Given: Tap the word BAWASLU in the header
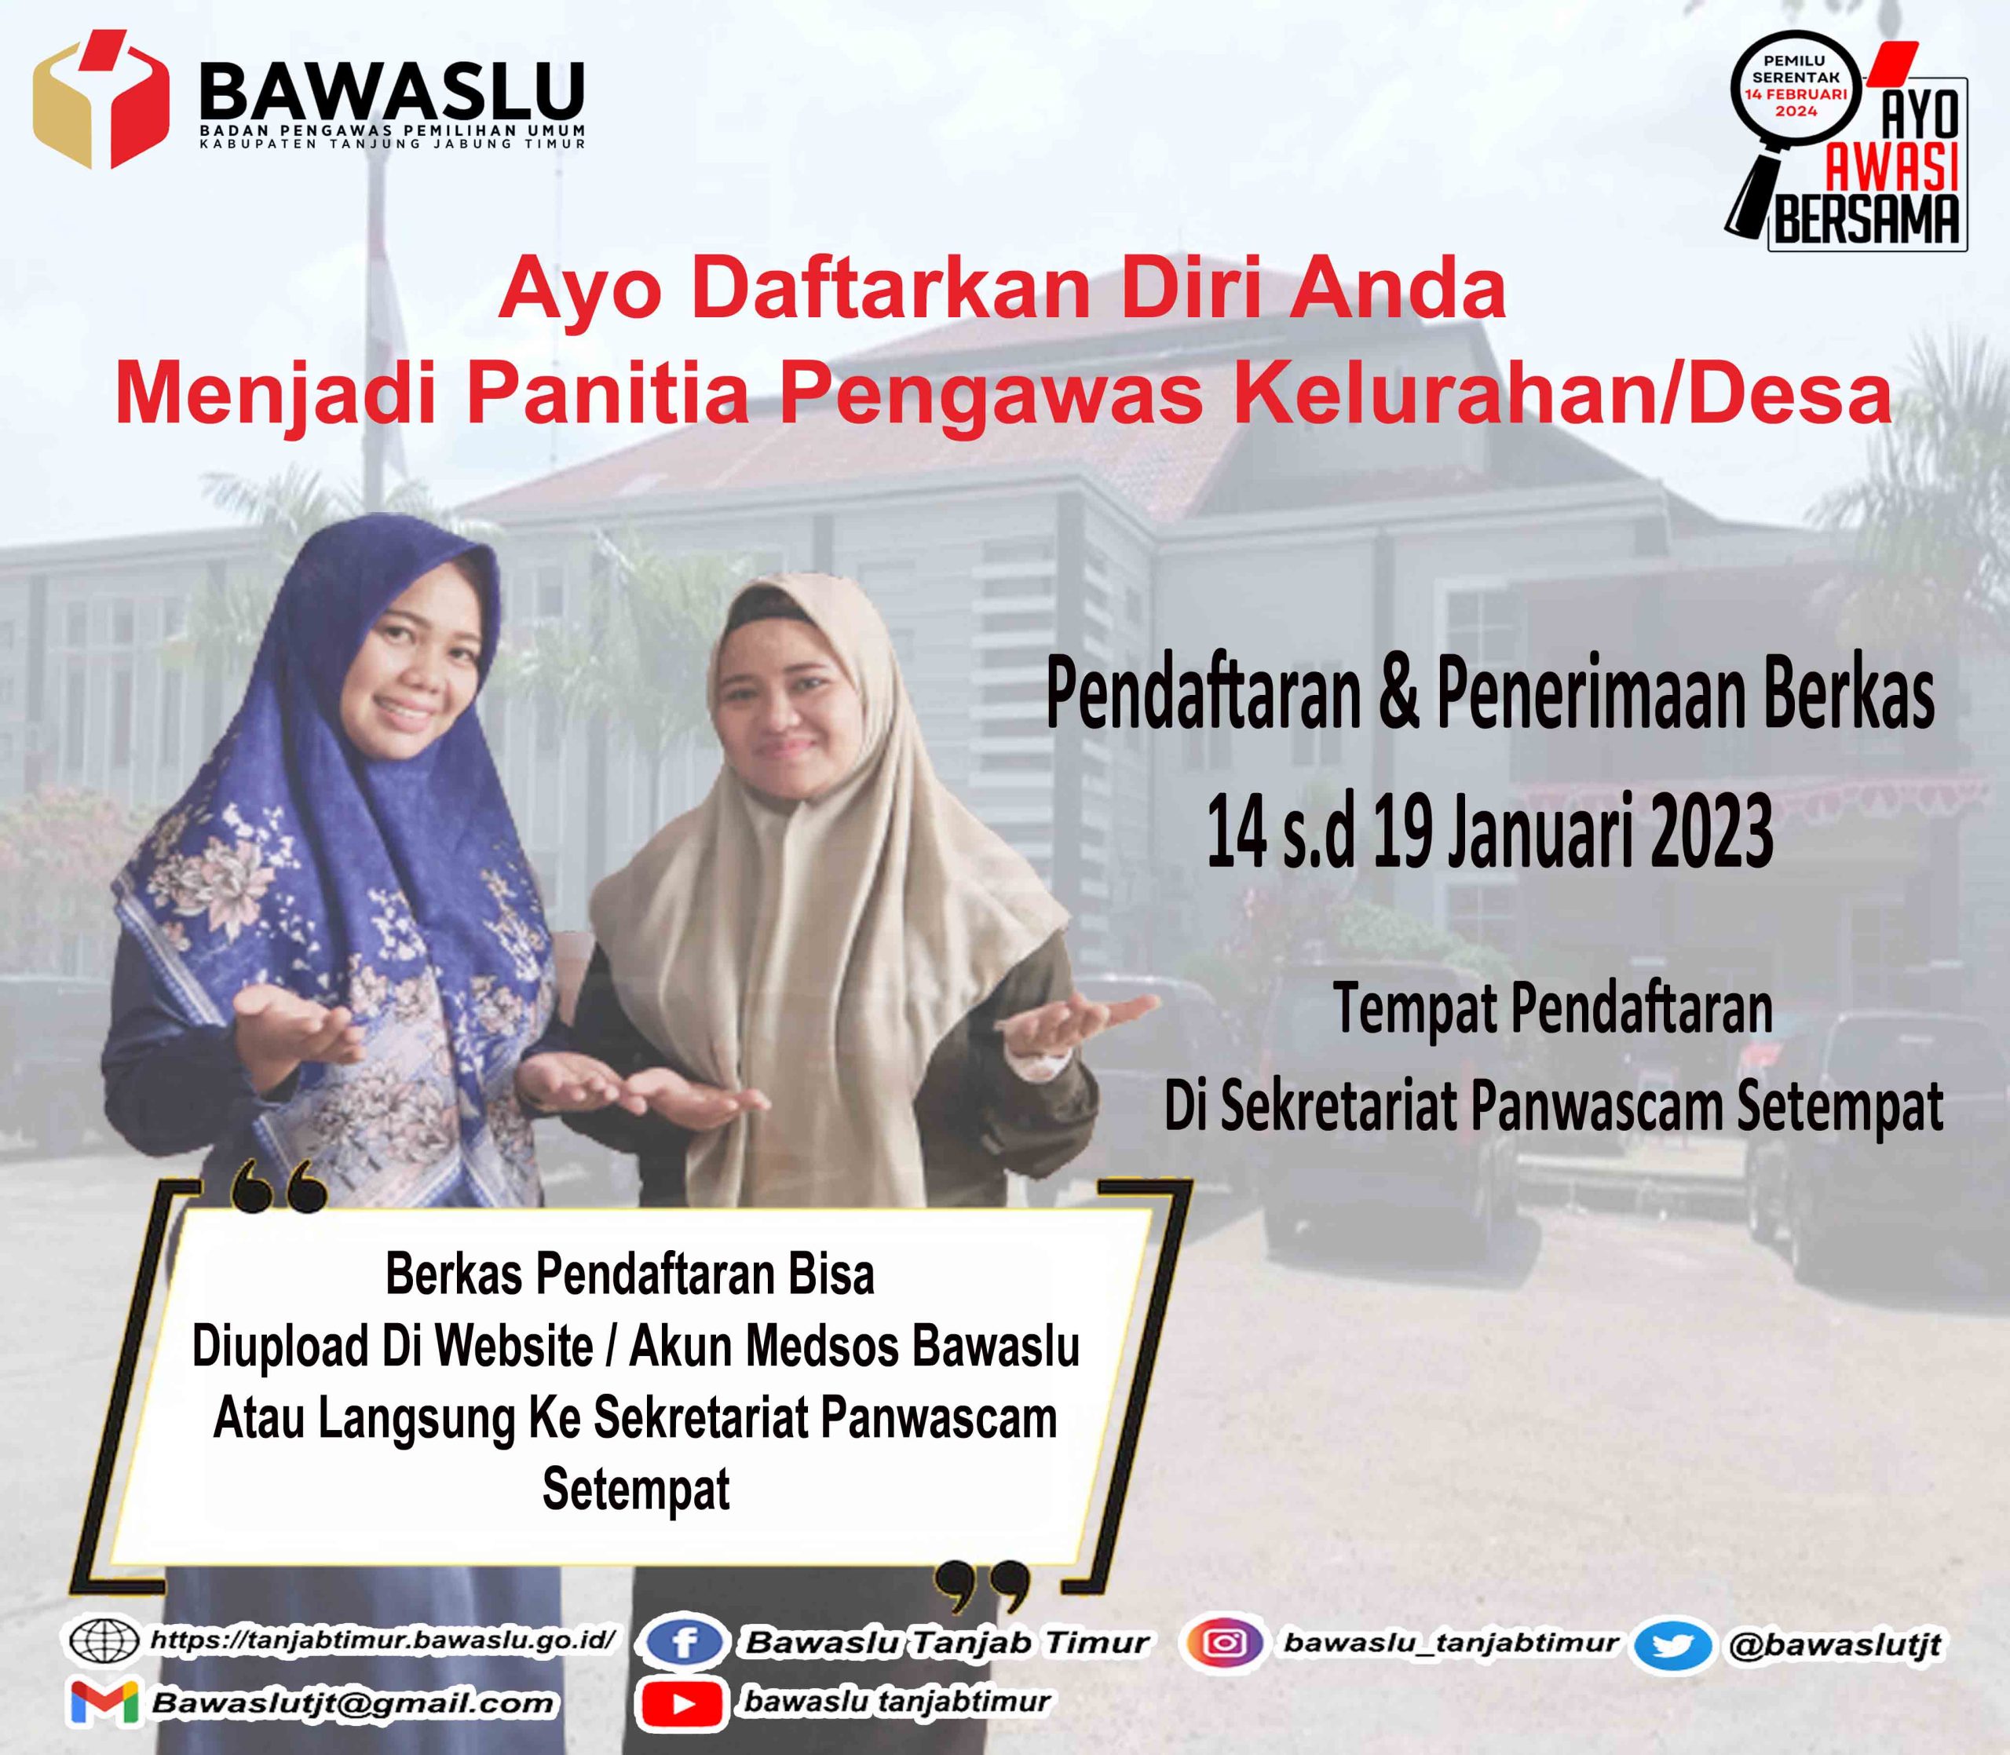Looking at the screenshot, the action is (x=393, y=92).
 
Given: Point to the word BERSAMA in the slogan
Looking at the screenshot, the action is (x=1867, y=219).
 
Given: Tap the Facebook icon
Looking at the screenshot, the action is (x=685, y=1641).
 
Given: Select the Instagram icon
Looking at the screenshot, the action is (x=1222, y=1641).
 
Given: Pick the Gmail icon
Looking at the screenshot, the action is (x=104, y=1702).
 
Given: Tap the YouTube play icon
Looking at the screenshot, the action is (x=682, y=1704).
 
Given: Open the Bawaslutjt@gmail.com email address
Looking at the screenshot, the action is (x=353, y=1703).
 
